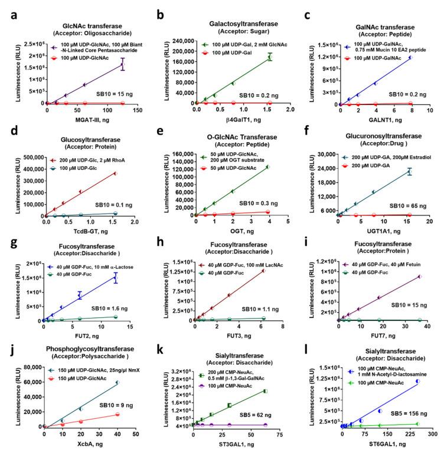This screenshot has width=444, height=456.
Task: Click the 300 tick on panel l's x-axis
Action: click(x=432, y=434)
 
